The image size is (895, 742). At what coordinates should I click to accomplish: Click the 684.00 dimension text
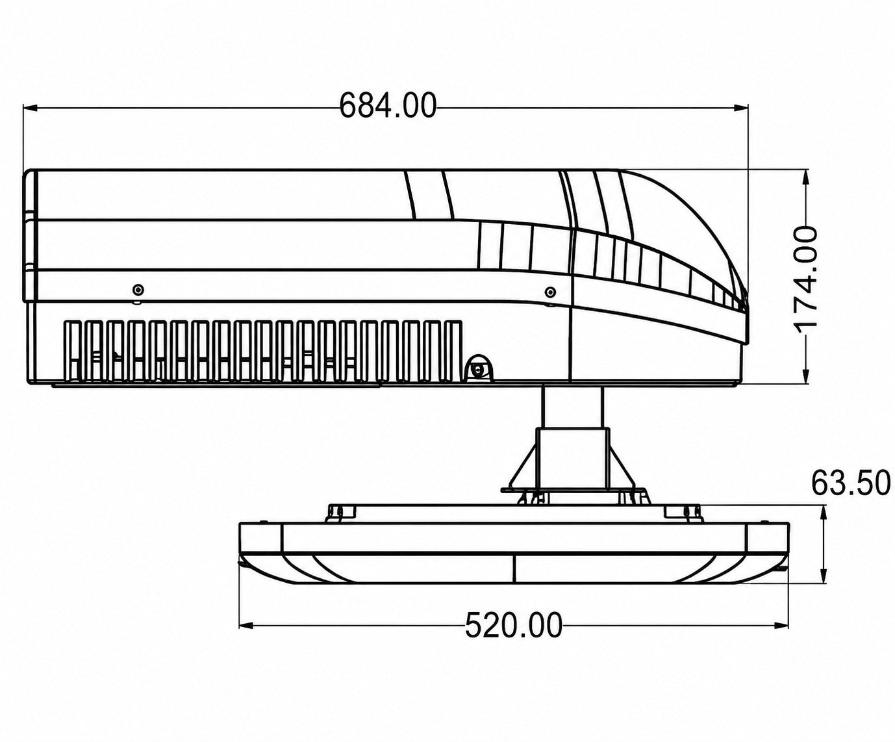[x=388, y=105]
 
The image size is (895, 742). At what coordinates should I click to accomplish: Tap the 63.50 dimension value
[x=851, y=483]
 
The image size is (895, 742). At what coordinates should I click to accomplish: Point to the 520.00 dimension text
[x=514, y=625]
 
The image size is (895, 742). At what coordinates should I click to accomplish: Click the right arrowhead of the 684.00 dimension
[x=740, y=108]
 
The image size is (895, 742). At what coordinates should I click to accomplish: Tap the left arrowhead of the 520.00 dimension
[x=247, y=626]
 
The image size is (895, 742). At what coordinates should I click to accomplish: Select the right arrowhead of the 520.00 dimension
[x=781, y=626]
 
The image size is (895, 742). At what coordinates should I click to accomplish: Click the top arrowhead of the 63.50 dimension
[x=822, y=513]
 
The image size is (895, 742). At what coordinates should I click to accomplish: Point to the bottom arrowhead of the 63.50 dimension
[x=822, y=575]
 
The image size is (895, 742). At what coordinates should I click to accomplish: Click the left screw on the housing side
[x=138, y=290]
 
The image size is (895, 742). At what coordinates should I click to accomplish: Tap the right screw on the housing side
[x=550, y=292]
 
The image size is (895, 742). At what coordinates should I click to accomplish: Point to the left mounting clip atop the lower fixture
[x=341, y=512]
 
